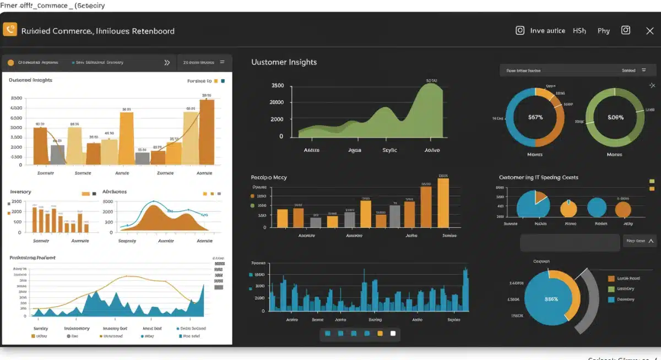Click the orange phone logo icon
click(10, 30)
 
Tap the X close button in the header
click(649, 31)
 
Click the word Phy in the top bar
click(604, 31)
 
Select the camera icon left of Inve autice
click(519, 31)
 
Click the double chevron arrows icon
click(167, 63)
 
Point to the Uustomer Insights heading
click(284, 62)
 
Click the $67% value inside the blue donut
click(535, 117)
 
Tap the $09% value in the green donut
click(615, 117)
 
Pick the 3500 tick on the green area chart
click(277, 85)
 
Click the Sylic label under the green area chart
click(389, 150)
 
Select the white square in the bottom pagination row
click(393, 333)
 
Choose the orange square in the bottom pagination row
click(380, 333)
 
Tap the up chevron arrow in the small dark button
click(652, 241)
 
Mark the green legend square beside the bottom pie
click(611, 289)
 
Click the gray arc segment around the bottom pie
click(590, 300)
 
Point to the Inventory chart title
click(20, 192)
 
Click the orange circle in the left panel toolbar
click(10, 63)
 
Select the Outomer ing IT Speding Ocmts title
click(538, 177)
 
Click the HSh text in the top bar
click(579, 31)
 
